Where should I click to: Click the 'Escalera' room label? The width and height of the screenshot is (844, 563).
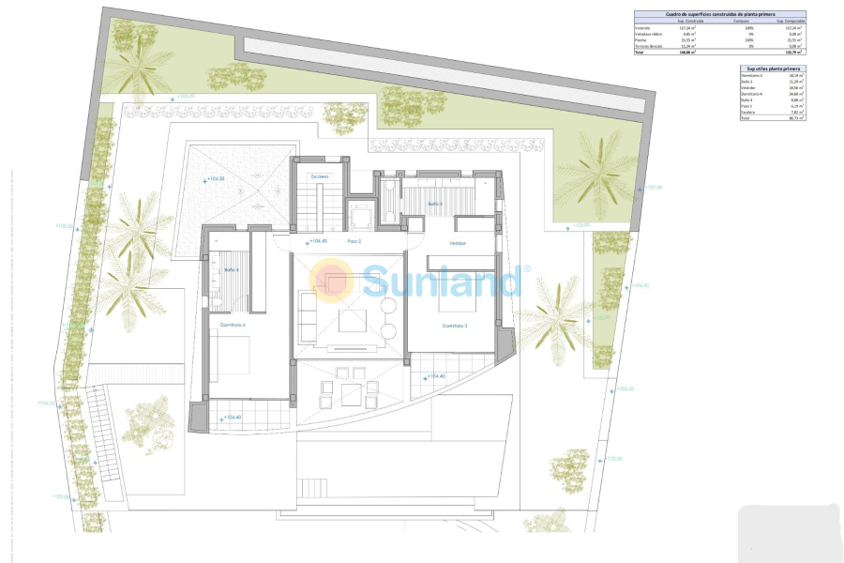(320, 176)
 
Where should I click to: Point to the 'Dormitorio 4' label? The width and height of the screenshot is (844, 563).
(233, 325)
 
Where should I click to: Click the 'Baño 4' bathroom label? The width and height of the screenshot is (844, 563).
(231, 270)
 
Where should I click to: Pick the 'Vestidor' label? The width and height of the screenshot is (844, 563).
(458, 243)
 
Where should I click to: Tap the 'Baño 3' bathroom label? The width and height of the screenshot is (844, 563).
(435, 203)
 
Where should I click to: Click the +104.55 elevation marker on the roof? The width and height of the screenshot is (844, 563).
(215, 178)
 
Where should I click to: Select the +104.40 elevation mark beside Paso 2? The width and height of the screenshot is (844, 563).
(316, 241)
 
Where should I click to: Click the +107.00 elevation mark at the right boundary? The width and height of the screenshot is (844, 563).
(653, 187)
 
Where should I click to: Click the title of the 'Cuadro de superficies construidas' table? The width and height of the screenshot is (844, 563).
(719, 14)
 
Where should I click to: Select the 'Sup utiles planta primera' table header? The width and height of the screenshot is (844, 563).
(772, 68)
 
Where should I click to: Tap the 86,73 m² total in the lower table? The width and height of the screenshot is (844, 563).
(796, 118)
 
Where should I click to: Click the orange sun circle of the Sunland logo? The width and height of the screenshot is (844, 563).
(332, 280)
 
